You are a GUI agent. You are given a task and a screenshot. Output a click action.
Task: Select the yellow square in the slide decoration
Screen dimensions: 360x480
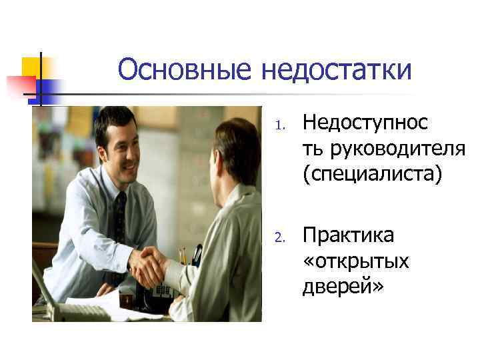pyautogui.click(x=31, y=67)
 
